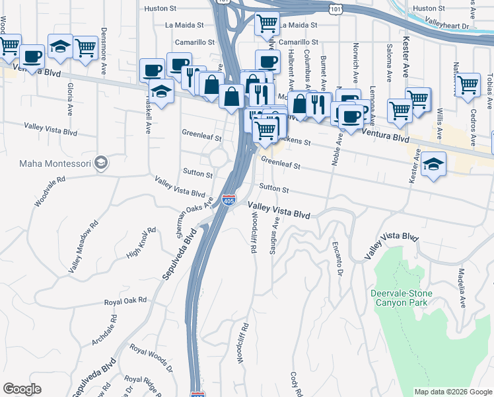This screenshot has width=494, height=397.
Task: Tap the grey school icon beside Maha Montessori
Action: (101, 162)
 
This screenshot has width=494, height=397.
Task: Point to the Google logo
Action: (22, 389)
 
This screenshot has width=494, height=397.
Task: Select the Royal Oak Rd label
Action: (125, 302)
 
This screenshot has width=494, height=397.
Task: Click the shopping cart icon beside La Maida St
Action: (267, 23)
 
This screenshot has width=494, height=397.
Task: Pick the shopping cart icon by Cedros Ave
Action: (468, 84)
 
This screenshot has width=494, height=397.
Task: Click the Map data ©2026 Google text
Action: (453, 392)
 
